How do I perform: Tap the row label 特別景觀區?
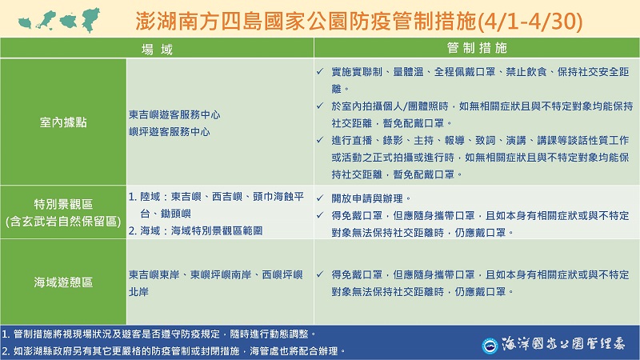(x=64, y=204)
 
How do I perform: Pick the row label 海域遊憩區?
(x=64, y=282)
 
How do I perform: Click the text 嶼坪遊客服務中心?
(x=169, y=130)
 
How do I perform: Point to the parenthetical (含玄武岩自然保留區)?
(x=64, y=219)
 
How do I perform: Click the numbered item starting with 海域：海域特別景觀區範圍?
(x=202, y=230)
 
